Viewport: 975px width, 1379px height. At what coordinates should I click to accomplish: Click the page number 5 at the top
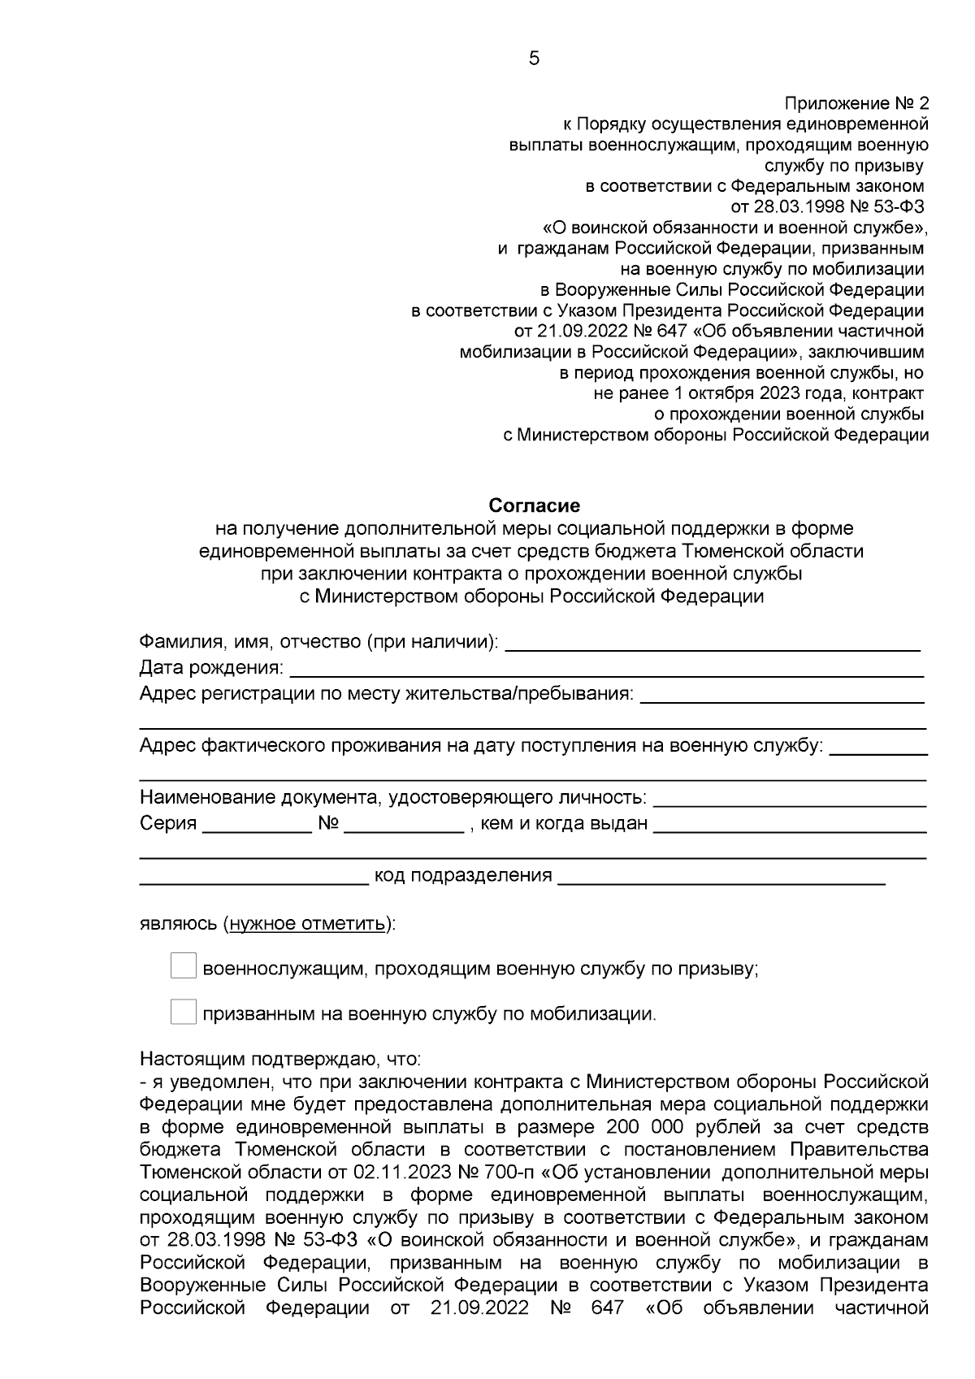[534, 59]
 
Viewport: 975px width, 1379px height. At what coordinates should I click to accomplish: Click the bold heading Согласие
[534, 505]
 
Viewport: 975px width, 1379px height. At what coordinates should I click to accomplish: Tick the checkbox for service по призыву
[184, 967]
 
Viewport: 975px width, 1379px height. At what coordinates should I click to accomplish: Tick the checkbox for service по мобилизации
[184, 1013]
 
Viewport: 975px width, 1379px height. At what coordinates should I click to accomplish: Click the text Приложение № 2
[856, 104]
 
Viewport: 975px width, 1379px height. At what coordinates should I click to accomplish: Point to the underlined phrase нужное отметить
[307, 924]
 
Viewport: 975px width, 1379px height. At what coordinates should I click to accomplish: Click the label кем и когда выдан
[564, 824]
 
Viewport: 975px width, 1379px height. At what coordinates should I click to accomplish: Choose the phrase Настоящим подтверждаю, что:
[280, 1060]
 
